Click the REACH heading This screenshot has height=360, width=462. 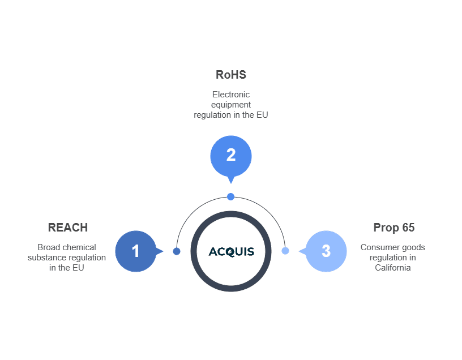point(68,228)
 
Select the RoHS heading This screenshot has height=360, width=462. point(231,75)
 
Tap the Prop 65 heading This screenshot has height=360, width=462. point(393,228)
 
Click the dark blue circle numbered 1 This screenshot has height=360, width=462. point(135,251)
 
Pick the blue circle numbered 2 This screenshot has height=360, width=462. point(231,155)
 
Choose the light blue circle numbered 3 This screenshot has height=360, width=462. point(326,251)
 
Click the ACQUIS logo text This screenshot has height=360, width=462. point(231,251)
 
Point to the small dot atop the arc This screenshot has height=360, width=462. point(230,196)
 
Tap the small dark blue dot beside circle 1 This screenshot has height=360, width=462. point(177,251)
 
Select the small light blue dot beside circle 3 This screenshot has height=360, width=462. point(285,251)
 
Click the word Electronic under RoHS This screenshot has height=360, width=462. point(231,95)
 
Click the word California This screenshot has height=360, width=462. point(393,268)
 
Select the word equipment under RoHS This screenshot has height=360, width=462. point(231,105)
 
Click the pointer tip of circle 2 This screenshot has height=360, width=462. point(230,182)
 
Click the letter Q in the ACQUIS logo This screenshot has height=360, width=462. point(231,252)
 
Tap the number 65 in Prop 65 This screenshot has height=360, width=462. point(408,228)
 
